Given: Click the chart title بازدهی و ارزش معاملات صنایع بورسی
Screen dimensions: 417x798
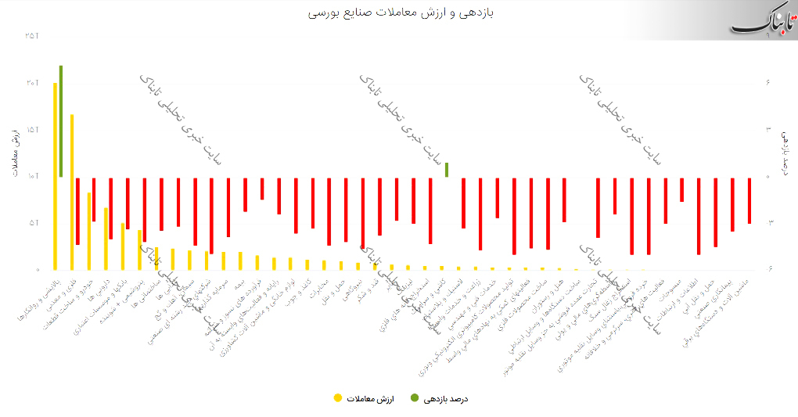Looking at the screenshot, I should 399,13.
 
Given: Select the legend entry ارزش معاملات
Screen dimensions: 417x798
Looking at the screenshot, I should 368,399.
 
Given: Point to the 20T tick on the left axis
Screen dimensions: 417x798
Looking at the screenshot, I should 32,83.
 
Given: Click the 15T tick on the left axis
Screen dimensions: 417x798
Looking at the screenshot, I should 32,129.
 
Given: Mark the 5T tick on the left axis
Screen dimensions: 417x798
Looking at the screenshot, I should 32,223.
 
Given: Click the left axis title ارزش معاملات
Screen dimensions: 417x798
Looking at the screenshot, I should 16,153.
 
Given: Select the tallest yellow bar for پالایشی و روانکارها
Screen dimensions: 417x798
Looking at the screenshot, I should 55,175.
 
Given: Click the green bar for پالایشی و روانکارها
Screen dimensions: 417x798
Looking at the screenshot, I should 61,121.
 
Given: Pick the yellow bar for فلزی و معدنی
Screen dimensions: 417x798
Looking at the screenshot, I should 72,192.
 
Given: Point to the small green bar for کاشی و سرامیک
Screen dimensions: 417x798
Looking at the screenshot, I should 446,170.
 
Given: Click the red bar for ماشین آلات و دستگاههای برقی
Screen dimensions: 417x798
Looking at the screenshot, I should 749,200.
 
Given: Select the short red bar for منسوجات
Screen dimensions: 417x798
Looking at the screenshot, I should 681,189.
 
